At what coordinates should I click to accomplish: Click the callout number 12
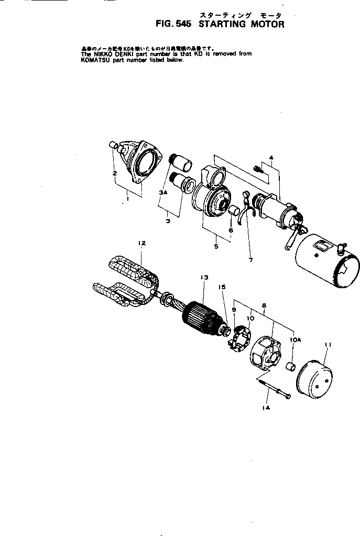pos(141,243)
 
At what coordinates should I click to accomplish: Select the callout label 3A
pos(163,193)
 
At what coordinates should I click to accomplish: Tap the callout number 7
pos(250,259)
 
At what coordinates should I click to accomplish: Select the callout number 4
pos(271,157)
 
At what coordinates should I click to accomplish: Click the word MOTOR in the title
pos(261,24)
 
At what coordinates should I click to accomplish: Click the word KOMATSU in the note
pos(96,60)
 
